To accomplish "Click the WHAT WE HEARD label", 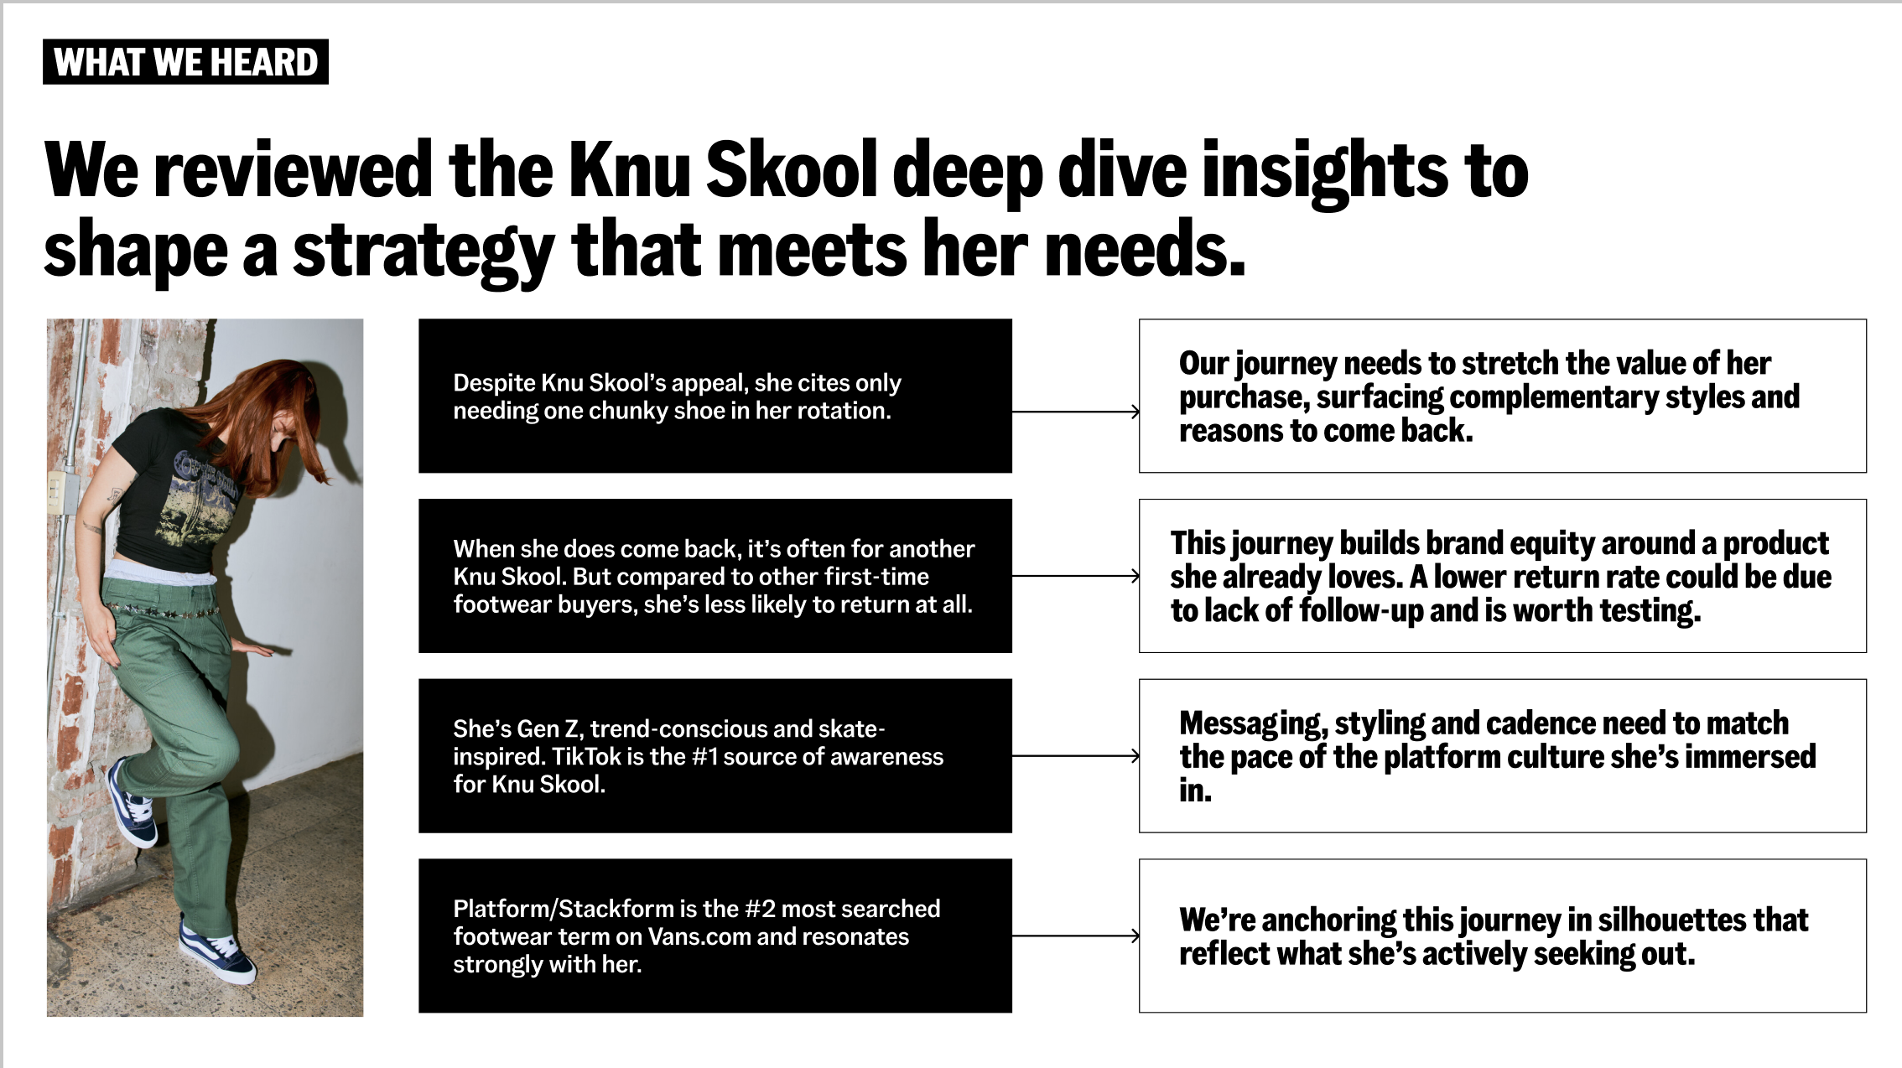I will point(185,62).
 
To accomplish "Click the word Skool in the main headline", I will point(791,170).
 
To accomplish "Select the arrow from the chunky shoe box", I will point(1075,412).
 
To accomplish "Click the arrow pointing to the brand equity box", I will point(1075,576).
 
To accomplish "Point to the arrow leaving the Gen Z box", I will point(1075,756).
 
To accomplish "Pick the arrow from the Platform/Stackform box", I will point(1075,936).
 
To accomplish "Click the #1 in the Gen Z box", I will point(704,757).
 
